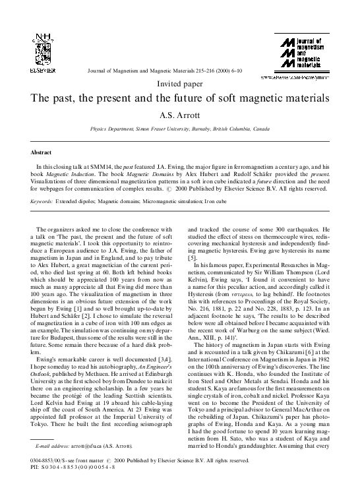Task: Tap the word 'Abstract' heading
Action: point(42,152)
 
